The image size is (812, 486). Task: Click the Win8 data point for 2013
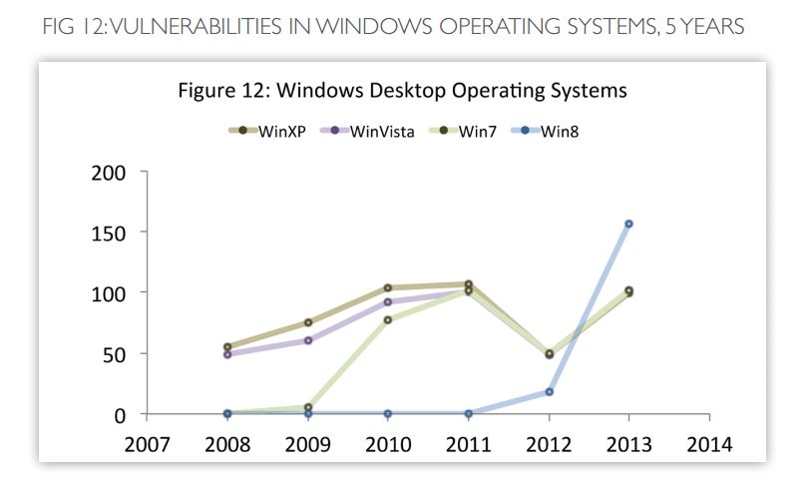click(x=628, y=224)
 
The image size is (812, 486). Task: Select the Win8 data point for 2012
click(x=549, y=391)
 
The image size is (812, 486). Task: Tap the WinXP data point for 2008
click(x=227, y=347)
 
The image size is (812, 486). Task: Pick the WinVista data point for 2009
click(x=307, y=340)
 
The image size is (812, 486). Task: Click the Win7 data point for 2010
click(x=388, y=319)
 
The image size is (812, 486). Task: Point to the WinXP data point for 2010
click(x=388, y=287)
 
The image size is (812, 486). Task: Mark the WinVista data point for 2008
click(x=227, y=354)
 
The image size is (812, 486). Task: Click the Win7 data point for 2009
click(x=307, y=407)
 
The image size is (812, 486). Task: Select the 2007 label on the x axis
click(x=147, y=444)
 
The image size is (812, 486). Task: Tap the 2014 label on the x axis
click(x=709, y=444)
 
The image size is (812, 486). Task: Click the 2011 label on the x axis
click(x=468, y=444)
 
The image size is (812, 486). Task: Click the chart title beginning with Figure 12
click(x=402, y=91)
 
